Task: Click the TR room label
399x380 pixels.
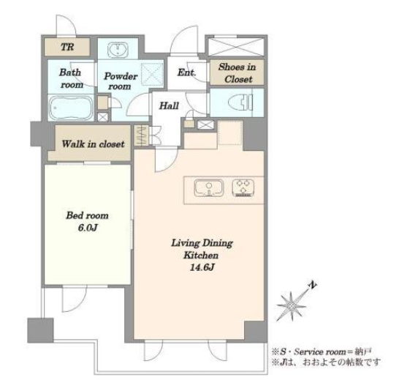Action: click(x=67, y=47)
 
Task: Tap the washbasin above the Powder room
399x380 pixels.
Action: click(x=118, y=49)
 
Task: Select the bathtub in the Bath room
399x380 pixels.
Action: click(x=71, y=108)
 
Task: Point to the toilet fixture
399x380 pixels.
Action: click(x=240, y=102)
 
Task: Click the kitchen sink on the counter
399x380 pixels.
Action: click(x=209, y=188)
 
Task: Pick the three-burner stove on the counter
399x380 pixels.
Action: click(x=243, y=188)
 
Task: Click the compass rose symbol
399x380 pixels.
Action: click(x=292, y=305)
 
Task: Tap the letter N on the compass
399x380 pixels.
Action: click(x=313, y=285)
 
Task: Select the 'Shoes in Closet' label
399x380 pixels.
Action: click(x=237, y=73)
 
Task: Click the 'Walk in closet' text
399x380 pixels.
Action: click(x=93, y=144)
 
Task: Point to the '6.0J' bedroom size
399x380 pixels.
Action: click(x=88, y=228)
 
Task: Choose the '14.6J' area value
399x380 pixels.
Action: click(x=202, y=267)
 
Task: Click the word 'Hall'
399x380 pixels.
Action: click(x=169, y=105)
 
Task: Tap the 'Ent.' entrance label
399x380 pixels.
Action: click(x=186, y=72)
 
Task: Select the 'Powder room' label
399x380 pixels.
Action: click(x=121, y=81)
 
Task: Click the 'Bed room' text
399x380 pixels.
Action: click(x=87, y=215)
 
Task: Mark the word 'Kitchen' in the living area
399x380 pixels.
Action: click(x=201, y=255)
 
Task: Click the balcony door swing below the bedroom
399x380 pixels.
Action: click(x=75, y=299)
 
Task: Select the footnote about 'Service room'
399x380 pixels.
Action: click(x=322, y=352)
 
